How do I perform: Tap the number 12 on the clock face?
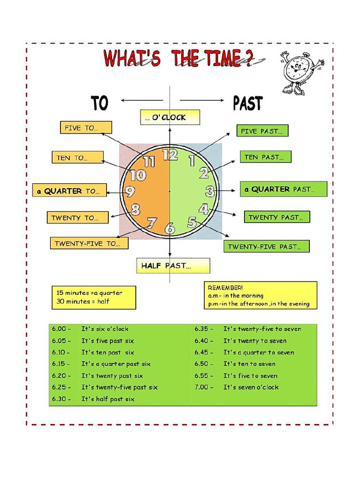click(170, 154)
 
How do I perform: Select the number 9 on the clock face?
click(130, 191)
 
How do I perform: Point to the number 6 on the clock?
click(170, 229)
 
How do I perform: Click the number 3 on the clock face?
click(210, 191)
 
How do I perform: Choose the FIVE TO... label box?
click(86, 127)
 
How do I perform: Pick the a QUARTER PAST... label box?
click(284, 189)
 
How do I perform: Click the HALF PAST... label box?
click(173, 266)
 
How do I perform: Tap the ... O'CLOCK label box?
click(170, 117)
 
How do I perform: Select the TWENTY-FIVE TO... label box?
click(89, 243)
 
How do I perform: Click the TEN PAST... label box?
click(266, 157)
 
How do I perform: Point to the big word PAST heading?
click(248, 104)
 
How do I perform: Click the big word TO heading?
click(99, 104)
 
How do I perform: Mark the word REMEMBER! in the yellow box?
click(225, 287)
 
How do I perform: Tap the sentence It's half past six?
click(108, 399)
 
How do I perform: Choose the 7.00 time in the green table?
click(203, 387)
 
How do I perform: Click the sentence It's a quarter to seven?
click(258, 352)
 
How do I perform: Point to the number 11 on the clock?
click(149, 162)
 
